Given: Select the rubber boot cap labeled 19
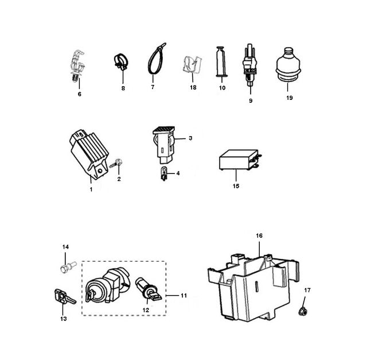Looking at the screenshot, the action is [288, 65].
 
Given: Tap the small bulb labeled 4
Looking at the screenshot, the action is [164, 173].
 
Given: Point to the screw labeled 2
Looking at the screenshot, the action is [116, 163].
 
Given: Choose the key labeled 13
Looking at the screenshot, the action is [64, 297].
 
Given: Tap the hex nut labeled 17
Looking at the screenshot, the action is [303, 311].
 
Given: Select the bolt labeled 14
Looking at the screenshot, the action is [68, 267].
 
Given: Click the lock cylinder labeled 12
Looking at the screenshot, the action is [149, 289].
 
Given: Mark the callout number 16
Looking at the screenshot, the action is [259, 235].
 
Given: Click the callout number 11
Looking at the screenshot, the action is [183, 296].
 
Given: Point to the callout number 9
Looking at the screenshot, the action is [251, 101].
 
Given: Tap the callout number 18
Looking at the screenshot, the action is [193, 87].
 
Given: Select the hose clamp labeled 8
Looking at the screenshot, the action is [121, 61].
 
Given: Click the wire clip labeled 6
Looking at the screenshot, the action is [77, 66].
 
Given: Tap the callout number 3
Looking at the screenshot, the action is [190, 138].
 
